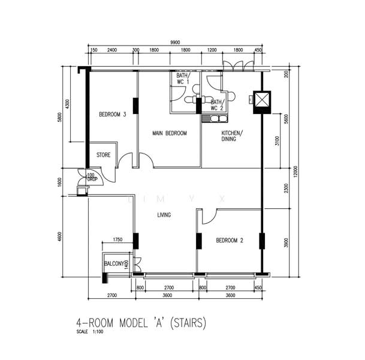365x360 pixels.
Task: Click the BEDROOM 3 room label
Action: coord(113,115)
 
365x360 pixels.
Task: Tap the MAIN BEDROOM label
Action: coord(170,133)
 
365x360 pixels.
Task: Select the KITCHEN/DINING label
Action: coord(232,136)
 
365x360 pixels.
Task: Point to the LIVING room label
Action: coord(164,215)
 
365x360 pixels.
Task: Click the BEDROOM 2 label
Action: coord(230,241)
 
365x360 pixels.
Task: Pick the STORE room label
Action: coord(103,155)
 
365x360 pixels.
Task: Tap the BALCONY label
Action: coord(114,264)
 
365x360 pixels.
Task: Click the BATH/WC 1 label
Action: coord(183,79)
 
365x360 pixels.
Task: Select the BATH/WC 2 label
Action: coord(218,105)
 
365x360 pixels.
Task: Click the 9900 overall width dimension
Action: coord(175,43)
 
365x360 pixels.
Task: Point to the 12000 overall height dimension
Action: coord(295,172)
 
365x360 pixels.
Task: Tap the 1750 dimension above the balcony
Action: coord(117,239)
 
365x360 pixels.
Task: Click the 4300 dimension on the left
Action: coord(67,104)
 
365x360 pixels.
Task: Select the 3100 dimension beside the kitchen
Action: coord(277,141)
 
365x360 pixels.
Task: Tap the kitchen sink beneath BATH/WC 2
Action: coord(215,119)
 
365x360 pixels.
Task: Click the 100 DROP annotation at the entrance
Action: coord(92,177)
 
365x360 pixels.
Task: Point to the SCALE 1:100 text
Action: coord(90,332)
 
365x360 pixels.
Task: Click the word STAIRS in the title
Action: coord(188,323)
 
